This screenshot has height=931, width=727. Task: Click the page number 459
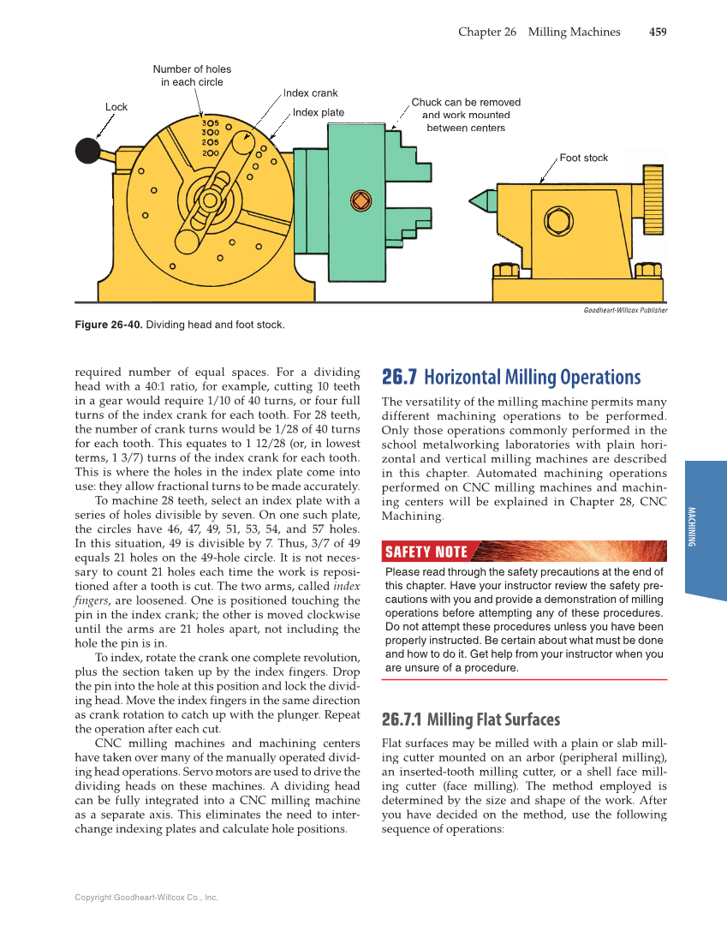(658, 32)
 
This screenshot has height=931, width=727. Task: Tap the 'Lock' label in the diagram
(116, 107)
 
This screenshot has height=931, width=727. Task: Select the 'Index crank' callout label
(310, 93)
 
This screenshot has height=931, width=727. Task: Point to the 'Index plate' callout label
(319, 112)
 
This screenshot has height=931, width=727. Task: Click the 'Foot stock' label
(583, 158)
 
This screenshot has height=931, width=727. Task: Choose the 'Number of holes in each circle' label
(192, 75)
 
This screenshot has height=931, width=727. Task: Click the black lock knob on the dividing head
(89, 151)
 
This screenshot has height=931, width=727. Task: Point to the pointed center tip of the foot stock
(474, 200)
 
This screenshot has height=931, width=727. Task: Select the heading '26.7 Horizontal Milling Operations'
(510, 378)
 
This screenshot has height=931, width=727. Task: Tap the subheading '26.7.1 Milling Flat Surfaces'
(470, 719)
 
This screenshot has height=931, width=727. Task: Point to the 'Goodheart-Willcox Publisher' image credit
(625, 310)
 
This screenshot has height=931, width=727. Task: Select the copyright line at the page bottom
(146, 897)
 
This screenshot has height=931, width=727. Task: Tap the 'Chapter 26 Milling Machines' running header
(539, 32)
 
